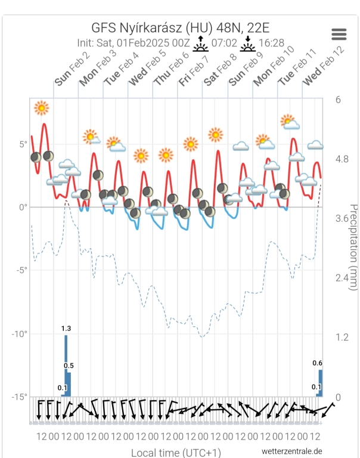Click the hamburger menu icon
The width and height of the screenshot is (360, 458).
point(339,34)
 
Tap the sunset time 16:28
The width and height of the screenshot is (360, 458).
point(272,44)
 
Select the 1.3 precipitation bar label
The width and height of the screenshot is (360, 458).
point(66,328)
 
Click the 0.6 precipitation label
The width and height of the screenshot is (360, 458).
point(318,363)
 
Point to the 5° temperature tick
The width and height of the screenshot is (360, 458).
point(23,144)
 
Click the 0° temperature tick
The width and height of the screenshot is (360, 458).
point(23,208)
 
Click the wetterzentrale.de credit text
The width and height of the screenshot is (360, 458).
point(292,451)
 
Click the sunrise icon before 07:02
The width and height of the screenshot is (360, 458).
point(202,44)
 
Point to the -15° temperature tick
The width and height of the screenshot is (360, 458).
point(20,397)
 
